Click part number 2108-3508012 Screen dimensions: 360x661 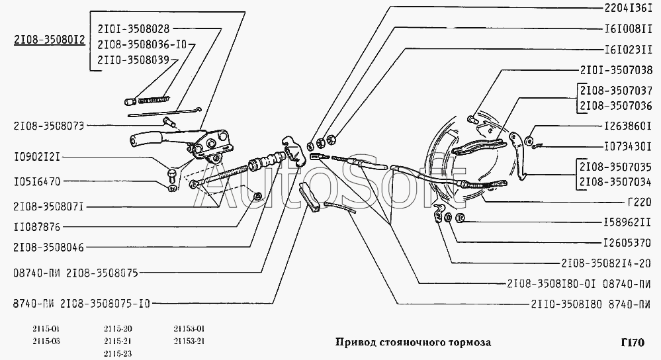[49, 40]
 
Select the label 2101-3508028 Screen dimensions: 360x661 [133, 28]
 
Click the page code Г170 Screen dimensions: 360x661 [632, 342]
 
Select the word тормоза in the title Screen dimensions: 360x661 [468, 343]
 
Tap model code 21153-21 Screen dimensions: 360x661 [189, 341]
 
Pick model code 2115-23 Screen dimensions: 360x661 [118, 353]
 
